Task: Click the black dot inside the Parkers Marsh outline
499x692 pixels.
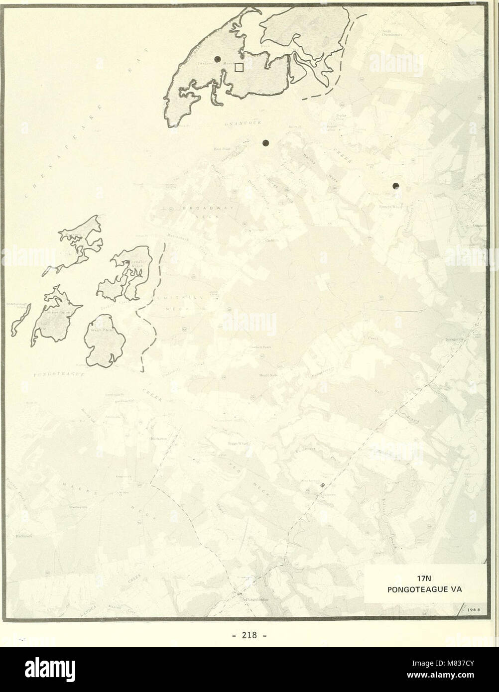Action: pos(217,59)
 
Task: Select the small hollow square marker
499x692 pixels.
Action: pos(239,67)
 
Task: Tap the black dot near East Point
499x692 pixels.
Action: pos(265,143)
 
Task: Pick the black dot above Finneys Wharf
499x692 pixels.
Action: pos(396,186)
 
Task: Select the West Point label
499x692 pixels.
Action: pos(106,330)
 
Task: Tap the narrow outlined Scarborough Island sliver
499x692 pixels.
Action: pos(21,320)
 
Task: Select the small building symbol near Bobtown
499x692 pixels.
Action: pos(322,484)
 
